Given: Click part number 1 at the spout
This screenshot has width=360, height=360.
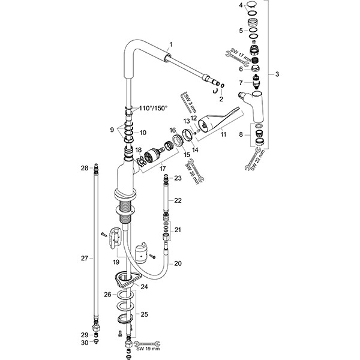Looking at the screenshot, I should tap(170, 44).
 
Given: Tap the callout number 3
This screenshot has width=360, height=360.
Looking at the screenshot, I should tap(277, 74).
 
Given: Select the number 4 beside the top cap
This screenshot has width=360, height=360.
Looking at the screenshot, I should tap(241, 5).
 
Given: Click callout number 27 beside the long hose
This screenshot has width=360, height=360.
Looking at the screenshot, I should tap(85, 258).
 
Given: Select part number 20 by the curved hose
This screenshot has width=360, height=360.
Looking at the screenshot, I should tap(178, 263).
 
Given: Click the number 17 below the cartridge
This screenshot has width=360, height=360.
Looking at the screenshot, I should tap(163, 169).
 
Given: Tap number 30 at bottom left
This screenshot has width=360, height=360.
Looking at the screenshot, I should tap(85, 343).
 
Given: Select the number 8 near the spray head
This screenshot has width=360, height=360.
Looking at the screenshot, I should tap(241, 135).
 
